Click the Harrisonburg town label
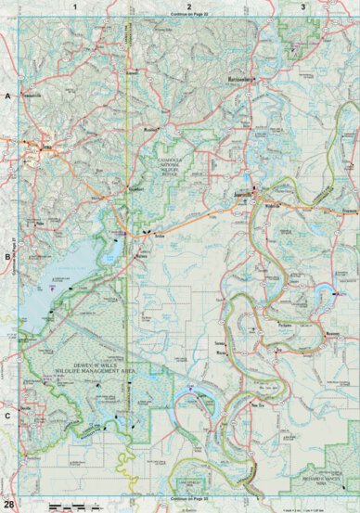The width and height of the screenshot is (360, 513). tap(243, 81)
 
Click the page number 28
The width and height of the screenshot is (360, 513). tap(8, 504)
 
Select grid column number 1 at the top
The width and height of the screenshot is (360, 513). tap(73, 6)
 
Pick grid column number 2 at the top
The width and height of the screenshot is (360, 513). tap(188, 6)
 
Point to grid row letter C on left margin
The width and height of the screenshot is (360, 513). tap(6, 416)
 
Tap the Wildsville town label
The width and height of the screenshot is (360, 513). tap(275, 206)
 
